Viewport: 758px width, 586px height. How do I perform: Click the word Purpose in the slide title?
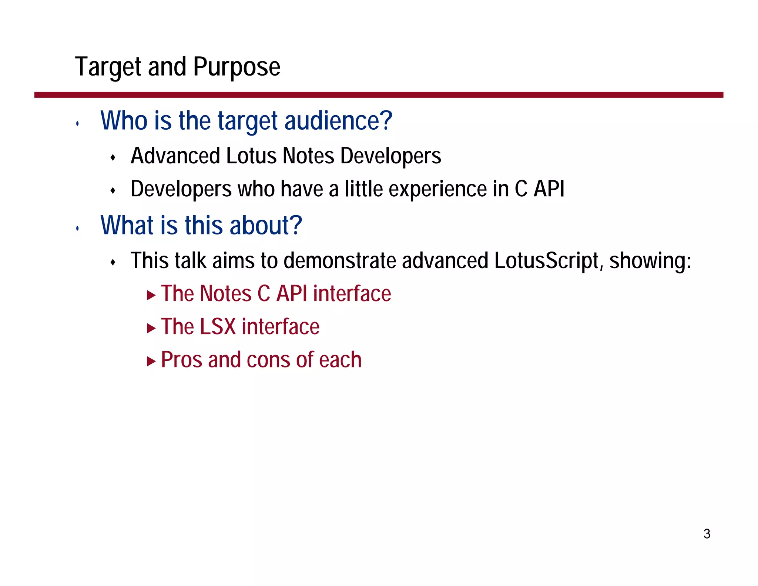(x=237, y=67)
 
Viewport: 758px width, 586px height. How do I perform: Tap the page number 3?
(x=707, y=534)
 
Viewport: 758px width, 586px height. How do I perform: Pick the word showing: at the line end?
(x=650, y=261)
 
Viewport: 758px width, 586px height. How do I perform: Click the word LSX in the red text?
(x=218, y=327)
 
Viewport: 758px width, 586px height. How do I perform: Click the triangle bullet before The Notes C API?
(x=151, y=295)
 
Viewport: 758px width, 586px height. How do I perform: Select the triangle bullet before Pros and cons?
(x=151, y=361)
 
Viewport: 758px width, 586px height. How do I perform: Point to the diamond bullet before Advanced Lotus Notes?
(x=113, y=158)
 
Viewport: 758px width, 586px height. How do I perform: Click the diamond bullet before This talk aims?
(x=113, y=263)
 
